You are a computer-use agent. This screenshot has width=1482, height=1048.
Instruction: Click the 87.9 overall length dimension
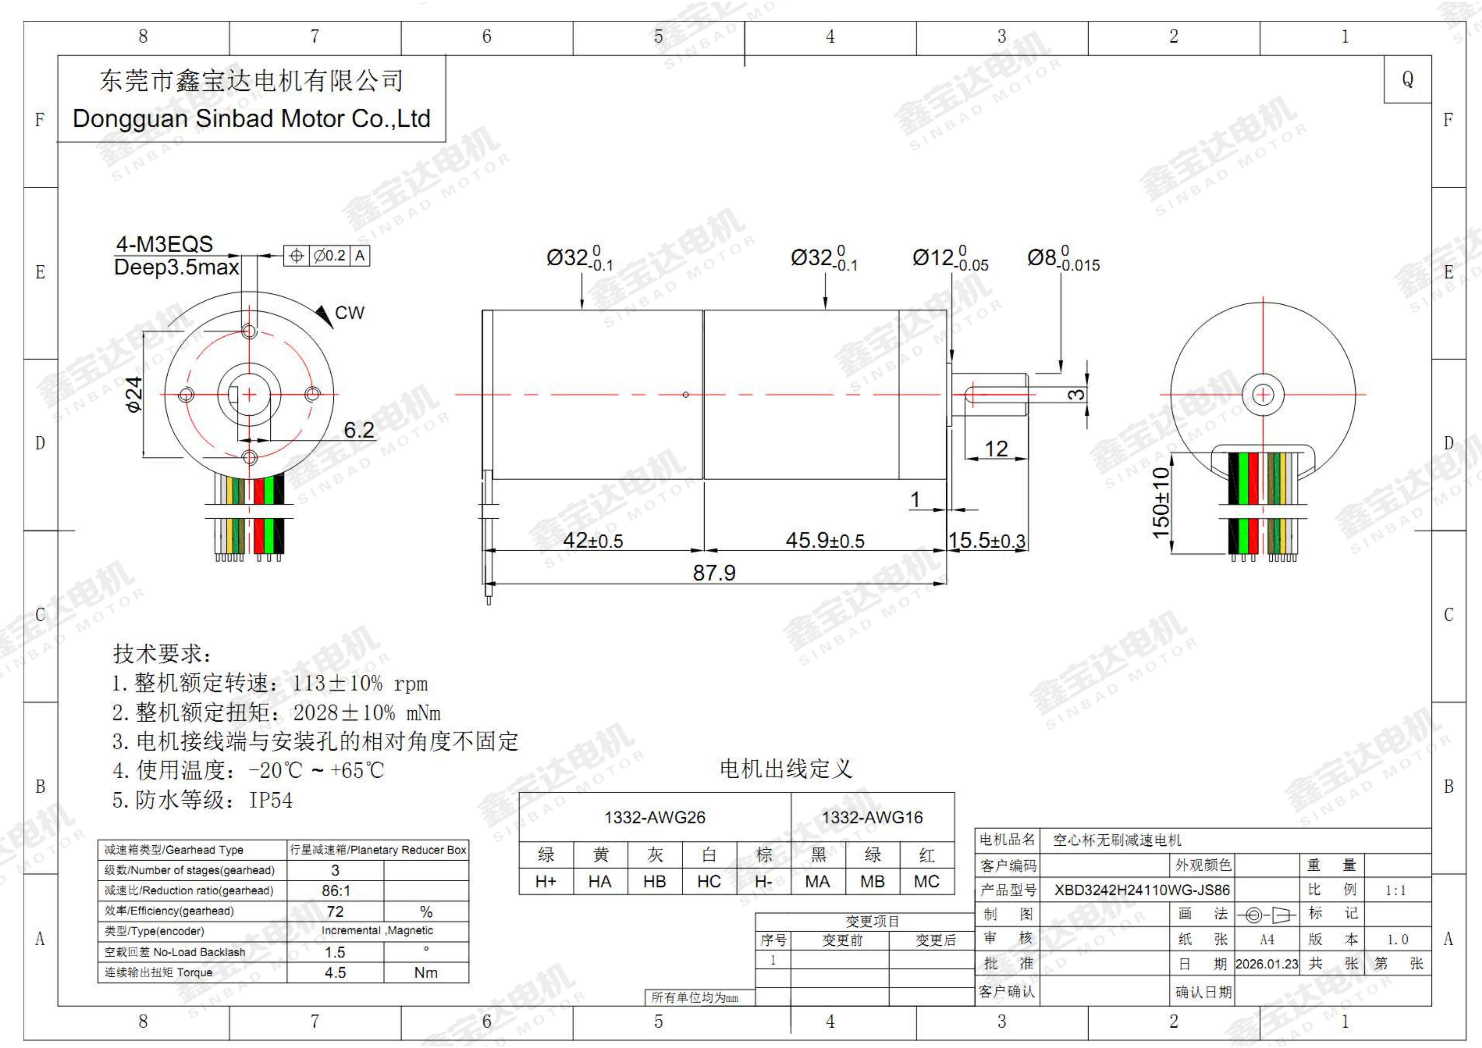714,572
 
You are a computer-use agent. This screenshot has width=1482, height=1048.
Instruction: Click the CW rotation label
349,313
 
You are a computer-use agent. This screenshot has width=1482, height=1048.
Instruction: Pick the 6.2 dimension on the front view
359,430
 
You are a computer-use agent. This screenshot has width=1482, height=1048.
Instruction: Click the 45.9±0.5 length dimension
824,540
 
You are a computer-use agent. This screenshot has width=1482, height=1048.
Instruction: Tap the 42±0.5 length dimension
592,540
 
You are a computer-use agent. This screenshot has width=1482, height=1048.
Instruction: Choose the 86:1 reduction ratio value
336,891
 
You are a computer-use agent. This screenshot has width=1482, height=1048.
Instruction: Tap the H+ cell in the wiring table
546,882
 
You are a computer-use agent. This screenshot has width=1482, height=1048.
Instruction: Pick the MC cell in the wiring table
926,882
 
